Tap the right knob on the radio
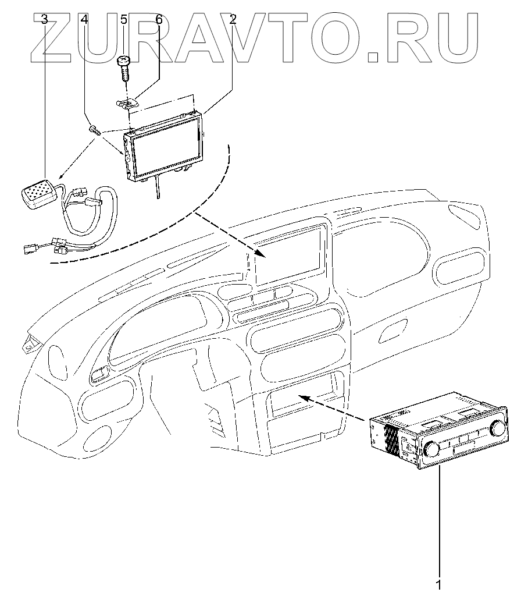click(497, 429)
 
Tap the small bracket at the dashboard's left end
click(27, 346)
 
